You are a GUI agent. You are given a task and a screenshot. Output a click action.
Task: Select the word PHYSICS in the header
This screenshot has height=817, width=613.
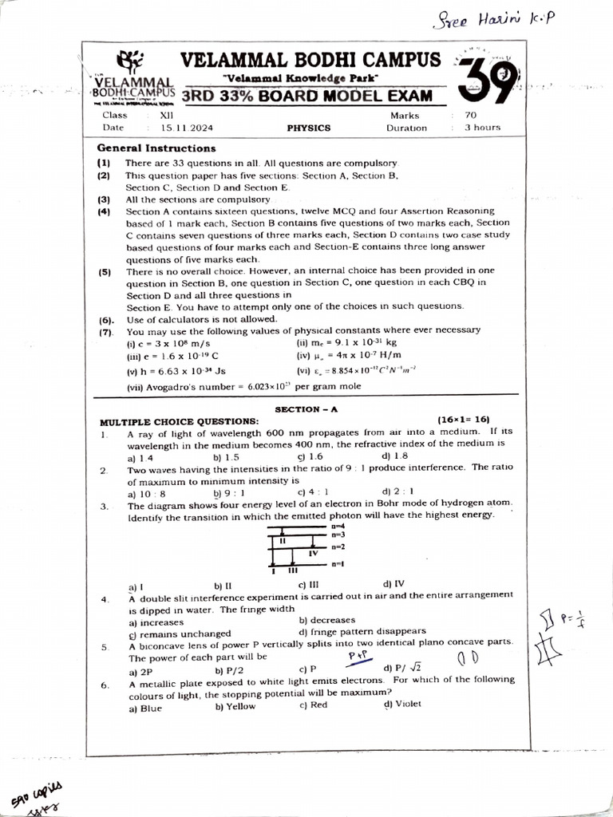[309, 128]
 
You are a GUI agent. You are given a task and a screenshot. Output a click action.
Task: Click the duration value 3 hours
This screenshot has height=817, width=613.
[483, 128]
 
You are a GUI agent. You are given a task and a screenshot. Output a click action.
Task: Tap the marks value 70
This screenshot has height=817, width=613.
[471, 116]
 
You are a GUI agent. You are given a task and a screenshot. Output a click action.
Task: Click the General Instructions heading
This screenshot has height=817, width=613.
[156, 148]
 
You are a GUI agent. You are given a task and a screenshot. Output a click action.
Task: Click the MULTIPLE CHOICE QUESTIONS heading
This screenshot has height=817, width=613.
[179, 421]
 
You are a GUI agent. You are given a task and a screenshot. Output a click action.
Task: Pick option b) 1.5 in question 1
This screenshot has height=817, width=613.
[227, 458]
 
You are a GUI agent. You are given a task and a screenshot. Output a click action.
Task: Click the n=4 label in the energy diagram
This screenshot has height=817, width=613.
[338, 527]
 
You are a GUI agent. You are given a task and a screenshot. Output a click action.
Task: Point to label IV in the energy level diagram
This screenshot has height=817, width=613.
[313, 552]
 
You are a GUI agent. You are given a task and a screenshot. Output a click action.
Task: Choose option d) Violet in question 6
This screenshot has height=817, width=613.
[402, 704]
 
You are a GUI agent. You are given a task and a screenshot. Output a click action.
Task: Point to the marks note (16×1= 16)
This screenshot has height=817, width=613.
[464, 420]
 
